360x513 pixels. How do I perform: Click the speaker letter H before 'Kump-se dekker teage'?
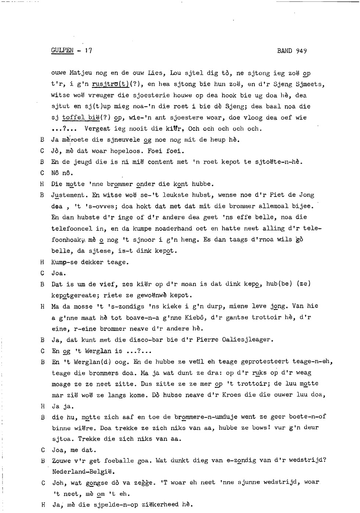(x=43, y=262)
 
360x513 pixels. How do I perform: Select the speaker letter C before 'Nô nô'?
(x=43, y=173)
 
